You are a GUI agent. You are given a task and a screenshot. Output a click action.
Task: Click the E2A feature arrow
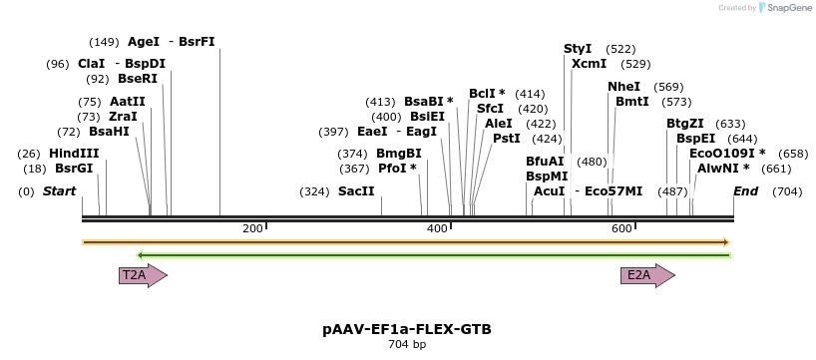pyautogui.click(x=646, y=275)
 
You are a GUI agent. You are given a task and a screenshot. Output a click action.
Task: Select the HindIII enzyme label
pyautogui.click(x=74, y=154)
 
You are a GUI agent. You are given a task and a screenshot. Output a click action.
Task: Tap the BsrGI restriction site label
pyautogui.click(x=74, y=170)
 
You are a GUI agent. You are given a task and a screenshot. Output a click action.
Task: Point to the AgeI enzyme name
pyautogui.click(x=144, y=42)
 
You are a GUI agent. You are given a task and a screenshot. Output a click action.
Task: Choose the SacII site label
pyautogui.click(x=356, y=191)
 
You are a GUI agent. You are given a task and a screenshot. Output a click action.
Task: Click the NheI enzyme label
pyautogui.click(x=624, y=87)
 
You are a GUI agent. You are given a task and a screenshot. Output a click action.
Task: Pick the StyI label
pyautogui.click(x=578, y=49)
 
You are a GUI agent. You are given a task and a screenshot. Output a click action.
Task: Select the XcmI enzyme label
pyautogui.click(x=589, y=64)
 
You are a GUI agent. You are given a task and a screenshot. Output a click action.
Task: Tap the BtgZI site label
pyautogui.click(x=685, y=124)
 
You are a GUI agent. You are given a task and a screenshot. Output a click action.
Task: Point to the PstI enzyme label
pyautogui.click(x=507, y=139)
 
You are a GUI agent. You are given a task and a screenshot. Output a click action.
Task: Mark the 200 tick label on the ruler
pyautogui.click(x=252, y=229)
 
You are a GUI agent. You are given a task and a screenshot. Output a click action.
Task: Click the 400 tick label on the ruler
pyautogui.click(x=437, y=229)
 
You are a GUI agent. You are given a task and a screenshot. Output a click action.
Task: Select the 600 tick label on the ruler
pyautogui.click(x=620, y=229)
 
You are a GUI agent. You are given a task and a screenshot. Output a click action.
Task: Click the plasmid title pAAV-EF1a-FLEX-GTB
pyautogui.click(x=407, y=329)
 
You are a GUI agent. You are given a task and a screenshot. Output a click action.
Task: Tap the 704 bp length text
pyautogui.click(x=407, y=345)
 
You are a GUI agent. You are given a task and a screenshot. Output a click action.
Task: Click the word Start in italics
pyautogui.click(x=59, y=191)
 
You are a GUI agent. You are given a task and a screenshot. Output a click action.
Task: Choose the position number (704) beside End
pyautogui.click(x=787, y=191)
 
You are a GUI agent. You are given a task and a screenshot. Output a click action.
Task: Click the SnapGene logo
pyautogui.click(x=783, y=8)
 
